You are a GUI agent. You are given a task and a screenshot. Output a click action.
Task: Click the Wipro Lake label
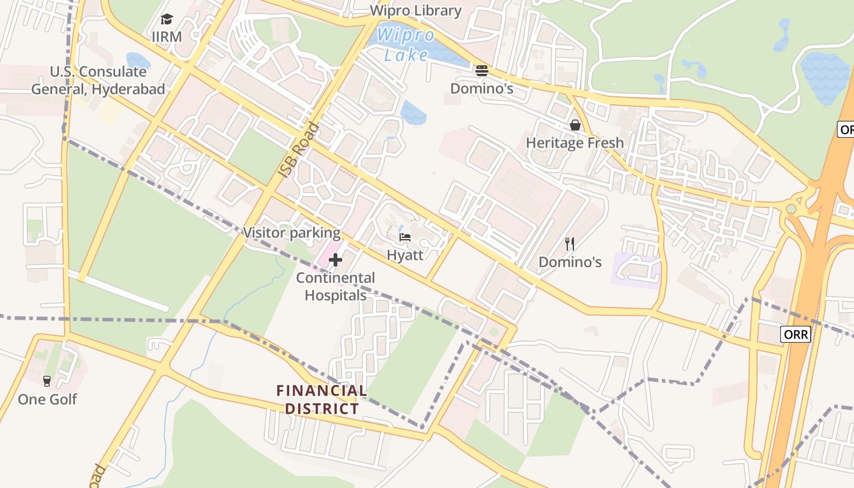[405, 45]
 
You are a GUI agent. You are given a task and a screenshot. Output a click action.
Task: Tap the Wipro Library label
[416, 10]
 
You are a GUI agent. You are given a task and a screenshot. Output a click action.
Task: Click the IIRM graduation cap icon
[167, 20]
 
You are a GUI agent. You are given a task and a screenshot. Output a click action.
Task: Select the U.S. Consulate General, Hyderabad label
[98, 81]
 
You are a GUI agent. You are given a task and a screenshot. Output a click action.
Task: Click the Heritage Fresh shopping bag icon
[575, 125]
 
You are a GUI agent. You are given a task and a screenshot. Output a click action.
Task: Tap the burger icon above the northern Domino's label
[482, 70]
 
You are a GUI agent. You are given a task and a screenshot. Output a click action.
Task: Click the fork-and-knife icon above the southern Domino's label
[570, 244]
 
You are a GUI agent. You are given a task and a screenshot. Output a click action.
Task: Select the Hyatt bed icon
[405, 237]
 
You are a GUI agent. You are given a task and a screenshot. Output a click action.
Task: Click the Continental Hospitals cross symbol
[335, 260]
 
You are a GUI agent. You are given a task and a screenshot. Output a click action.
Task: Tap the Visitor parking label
[292, 232]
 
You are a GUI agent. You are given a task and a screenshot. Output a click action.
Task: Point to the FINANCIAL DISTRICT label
[321, 399]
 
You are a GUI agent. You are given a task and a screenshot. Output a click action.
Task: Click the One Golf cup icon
[47, 381]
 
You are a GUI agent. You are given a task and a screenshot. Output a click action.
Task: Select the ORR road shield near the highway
[795, 334]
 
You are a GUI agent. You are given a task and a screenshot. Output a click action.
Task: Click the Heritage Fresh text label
[575, 143]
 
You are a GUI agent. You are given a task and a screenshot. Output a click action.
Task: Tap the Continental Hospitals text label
[335, 287]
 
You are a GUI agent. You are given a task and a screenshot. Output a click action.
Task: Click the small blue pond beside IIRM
[138, 61]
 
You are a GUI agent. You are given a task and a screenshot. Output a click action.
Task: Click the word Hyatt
[405, 254]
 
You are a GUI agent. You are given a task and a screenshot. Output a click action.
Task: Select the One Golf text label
[47, 400]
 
